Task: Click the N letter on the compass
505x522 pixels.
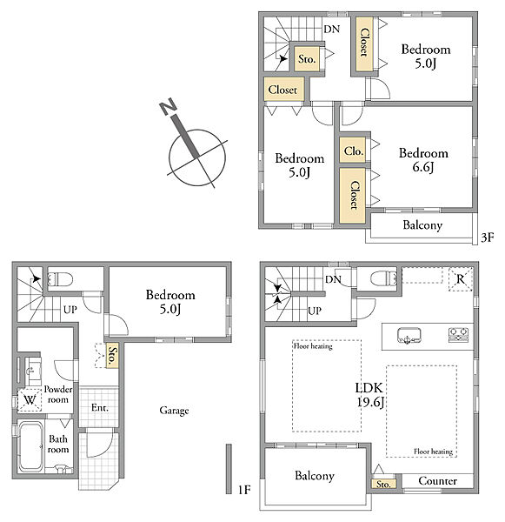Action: (x=168, y=106)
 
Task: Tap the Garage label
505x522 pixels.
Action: (x=174, y=411)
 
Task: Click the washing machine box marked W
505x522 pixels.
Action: (x=30, y=399)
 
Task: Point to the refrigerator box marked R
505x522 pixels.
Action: (x=461, y=279)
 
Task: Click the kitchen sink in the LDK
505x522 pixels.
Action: (x=409, y=336)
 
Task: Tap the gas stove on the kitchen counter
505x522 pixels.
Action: (x=458, y=335)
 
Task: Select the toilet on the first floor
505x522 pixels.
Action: (x=60, y=279)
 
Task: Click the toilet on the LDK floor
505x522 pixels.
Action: (x=383, y=278)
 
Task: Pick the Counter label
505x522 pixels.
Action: (x=437, y=481)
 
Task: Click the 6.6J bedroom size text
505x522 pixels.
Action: (x=423, y=167)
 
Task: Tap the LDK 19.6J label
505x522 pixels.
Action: (x=370, y=395)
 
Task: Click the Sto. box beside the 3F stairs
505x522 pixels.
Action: (x=307, y=58)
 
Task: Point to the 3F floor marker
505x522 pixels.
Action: (x=488, y=238)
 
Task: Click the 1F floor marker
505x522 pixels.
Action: (x=244, y=490)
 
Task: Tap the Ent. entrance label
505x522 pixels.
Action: (x=100, y=408)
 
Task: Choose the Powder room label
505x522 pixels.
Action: (x=58, y=394)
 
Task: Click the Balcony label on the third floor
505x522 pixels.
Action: (x=422, y=225)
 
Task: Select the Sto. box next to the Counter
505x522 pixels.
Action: (x=384, y=484)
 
